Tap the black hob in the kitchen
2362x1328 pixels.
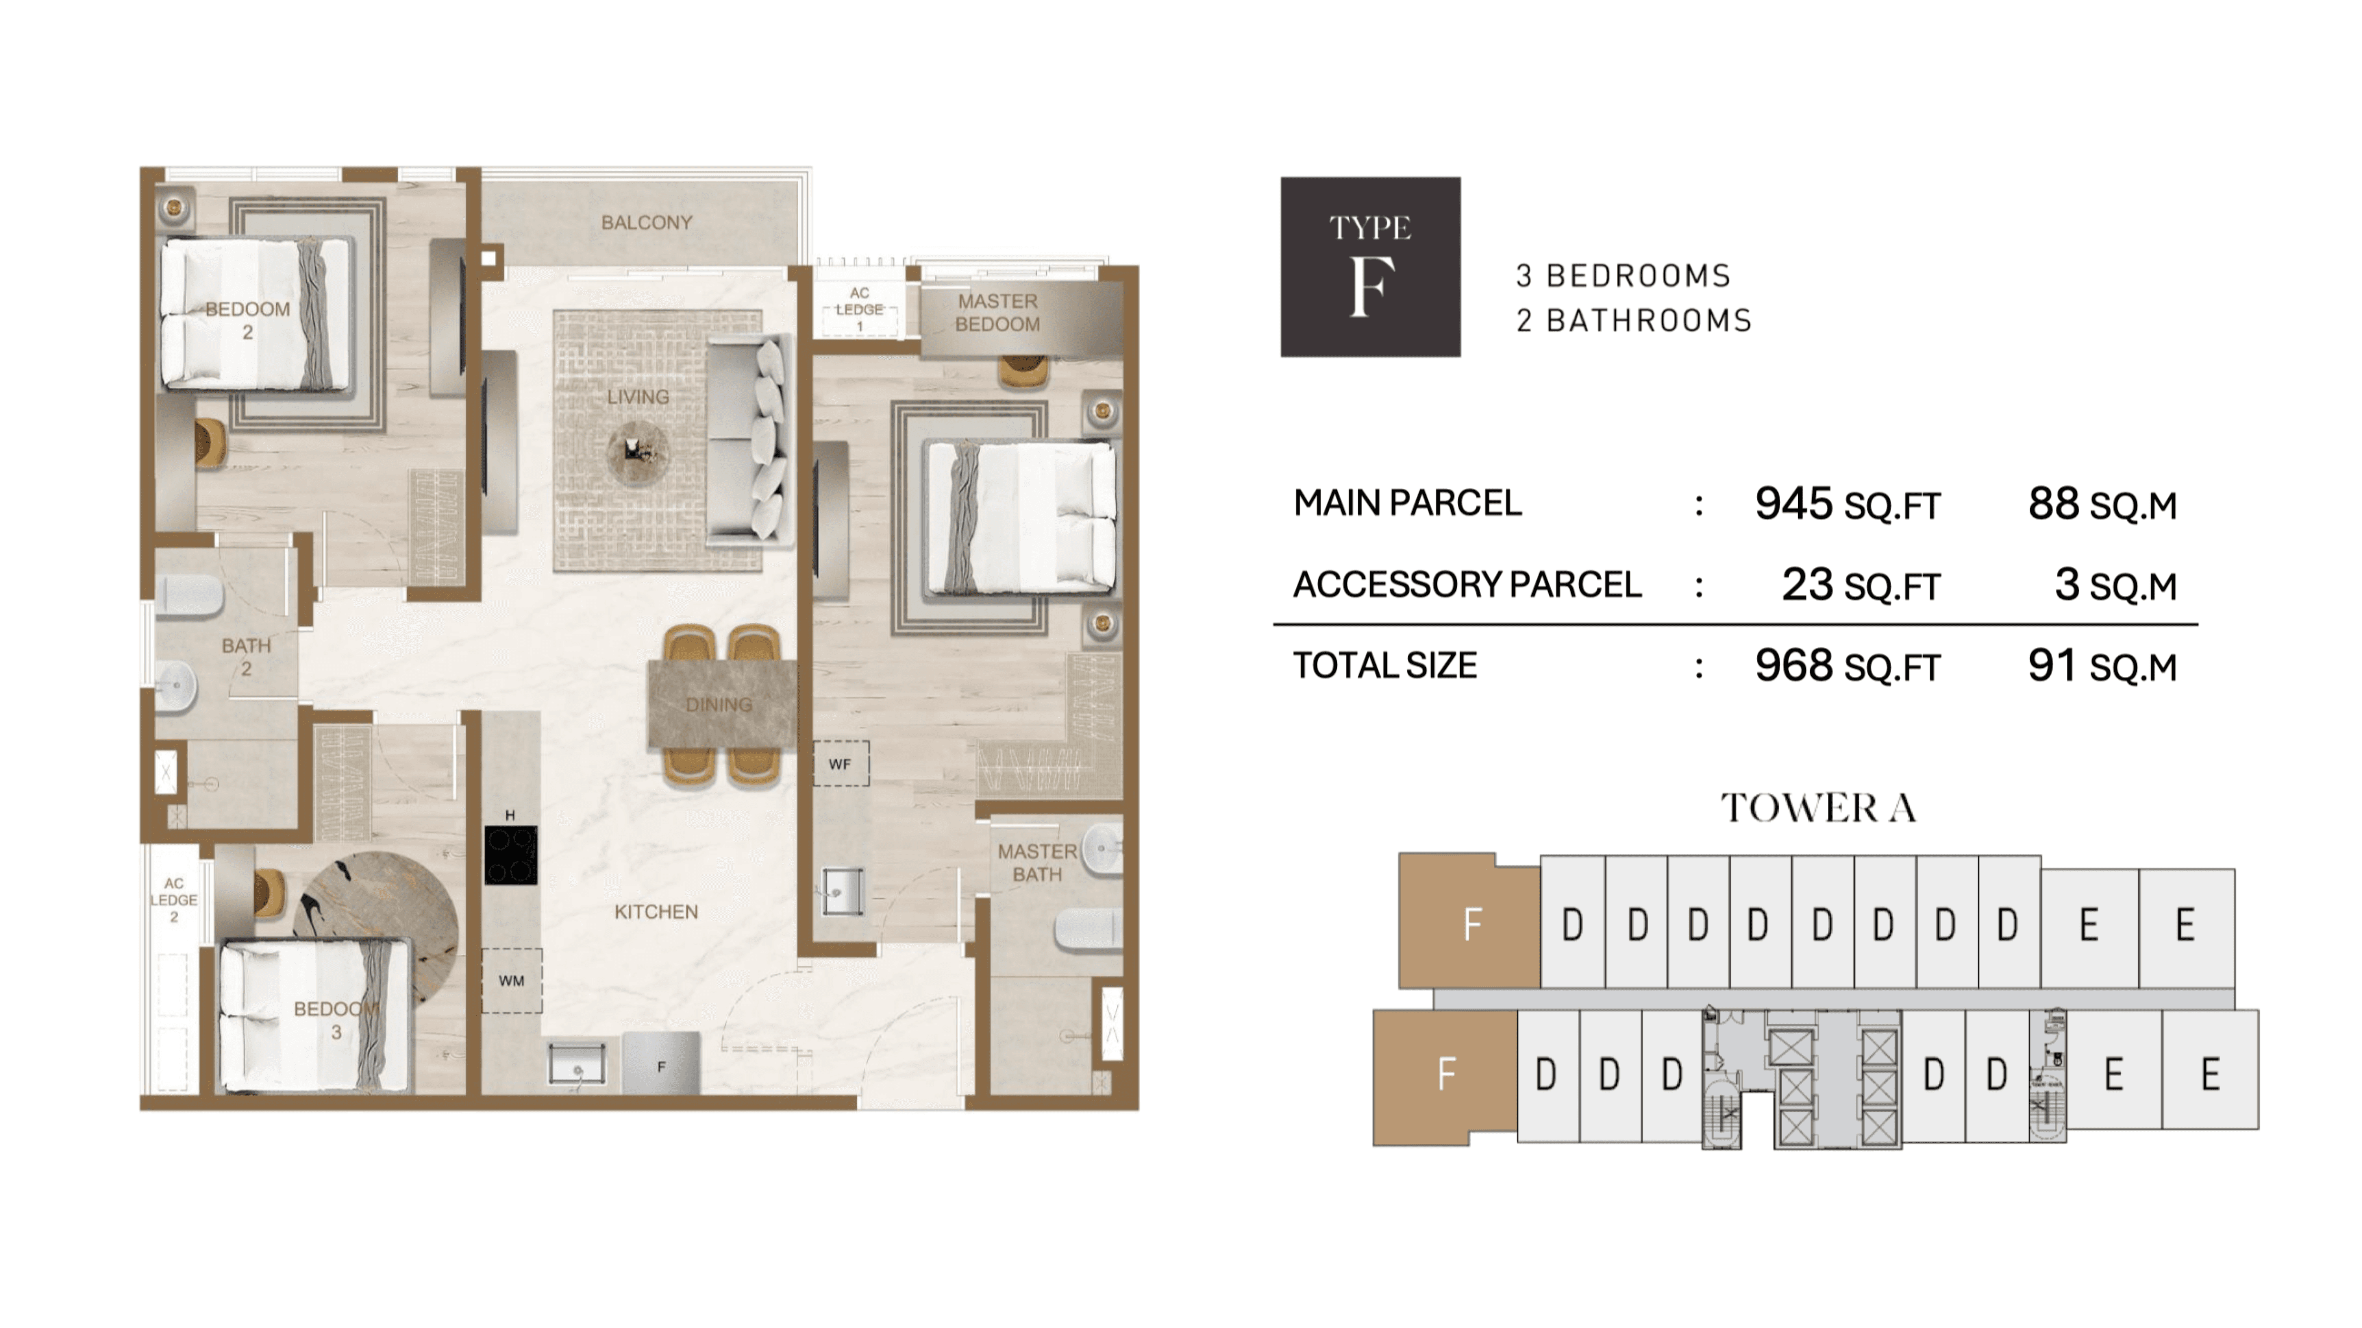tap(511, 855)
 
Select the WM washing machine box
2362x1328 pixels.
tap(512, 981)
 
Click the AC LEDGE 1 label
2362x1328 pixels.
tap(859, 309)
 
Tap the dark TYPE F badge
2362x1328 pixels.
tap(1370, 267)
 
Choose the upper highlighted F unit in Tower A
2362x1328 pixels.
tap(1470, 921)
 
